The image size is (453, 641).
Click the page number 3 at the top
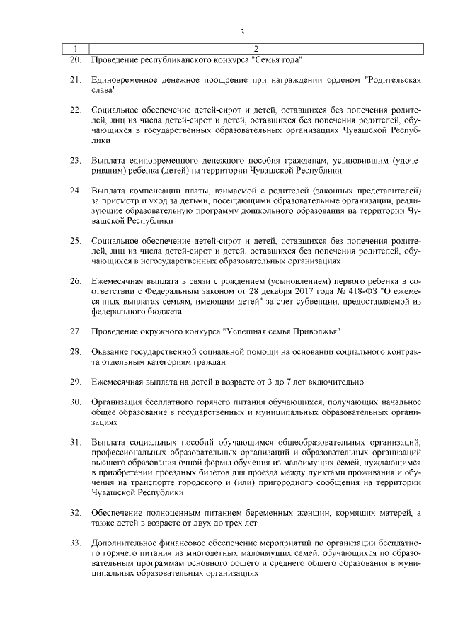[242, 32]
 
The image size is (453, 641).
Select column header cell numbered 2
[255, 50]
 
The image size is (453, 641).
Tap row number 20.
[74, 60]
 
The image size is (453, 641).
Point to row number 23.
[74, 161]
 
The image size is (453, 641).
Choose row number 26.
[74, 282]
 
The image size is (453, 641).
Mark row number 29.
[74, 382]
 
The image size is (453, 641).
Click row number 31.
[74, 443]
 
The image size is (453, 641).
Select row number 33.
[74, 543]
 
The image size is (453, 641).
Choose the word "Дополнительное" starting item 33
[125, 543]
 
